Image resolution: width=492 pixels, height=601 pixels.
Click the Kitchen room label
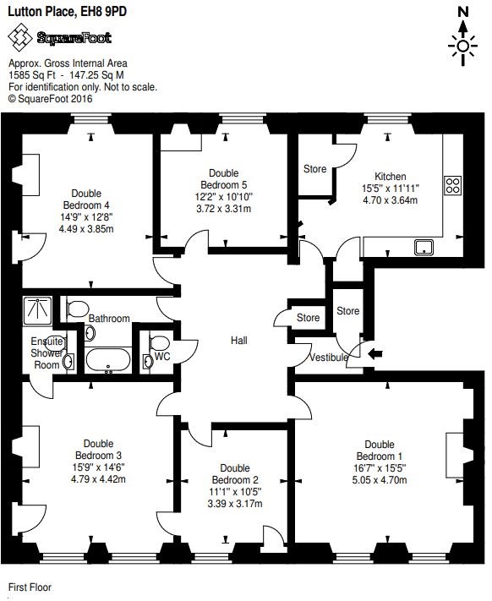coord(390,177)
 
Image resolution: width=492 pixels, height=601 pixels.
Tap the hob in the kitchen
coord(453,185)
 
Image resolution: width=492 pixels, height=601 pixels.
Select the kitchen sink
coord(424,247)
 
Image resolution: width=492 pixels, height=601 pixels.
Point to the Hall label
coord(238,341)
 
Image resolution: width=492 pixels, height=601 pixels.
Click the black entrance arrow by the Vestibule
coord(374,354)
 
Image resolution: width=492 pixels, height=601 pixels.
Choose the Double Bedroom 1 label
coord(380,451)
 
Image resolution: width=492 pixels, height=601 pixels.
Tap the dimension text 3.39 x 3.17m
coord(235,504)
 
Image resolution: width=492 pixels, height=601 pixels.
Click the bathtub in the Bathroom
coord(108,360)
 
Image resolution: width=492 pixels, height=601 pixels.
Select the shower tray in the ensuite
coord(37,310)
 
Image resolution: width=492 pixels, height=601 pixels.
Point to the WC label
coord(162,357)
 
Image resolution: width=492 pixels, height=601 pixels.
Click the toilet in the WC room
coord(160,342)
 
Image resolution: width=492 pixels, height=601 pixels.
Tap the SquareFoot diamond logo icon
coord(20,37)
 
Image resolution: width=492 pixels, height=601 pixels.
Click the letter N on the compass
coord(463,12)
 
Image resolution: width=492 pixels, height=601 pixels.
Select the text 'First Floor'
coord(30,587)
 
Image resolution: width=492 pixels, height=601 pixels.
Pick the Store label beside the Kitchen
coord(315,169)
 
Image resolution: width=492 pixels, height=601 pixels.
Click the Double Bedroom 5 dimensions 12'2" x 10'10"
coord(224,197)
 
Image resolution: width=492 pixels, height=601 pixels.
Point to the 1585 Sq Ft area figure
coord(32,75)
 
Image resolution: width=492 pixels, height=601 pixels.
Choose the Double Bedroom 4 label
coord(86,199)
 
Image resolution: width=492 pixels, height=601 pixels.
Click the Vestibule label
coord(329,358)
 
